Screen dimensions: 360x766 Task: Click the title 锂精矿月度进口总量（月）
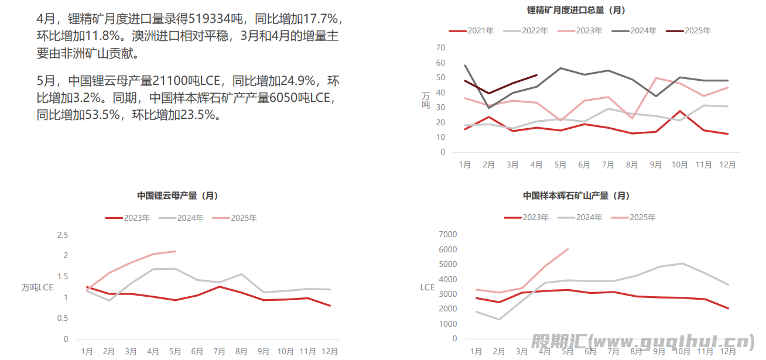pos(577,10)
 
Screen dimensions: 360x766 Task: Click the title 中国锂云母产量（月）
pos(177,196)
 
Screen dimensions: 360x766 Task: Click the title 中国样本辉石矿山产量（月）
pos(576,196)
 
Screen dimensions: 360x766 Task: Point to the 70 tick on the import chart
pos(440,47)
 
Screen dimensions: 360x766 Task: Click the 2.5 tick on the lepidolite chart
pos(62,235)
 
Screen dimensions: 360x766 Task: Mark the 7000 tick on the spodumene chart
pos(447,234)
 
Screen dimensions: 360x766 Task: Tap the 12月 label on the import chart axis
pos(727,165)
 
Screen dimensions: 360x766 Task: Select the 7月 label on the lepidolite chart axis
pos(219,351)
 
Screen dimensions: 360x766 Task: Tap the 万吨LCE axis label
pos(37,287)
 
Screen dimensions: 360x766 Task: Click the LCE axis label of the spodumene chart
pos(428,287)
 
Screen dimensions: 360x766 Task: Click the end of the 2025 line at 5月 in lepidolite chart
pos(176,251)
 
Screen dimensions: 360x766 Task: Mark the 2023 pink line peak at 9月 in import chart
pos(655,78)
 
